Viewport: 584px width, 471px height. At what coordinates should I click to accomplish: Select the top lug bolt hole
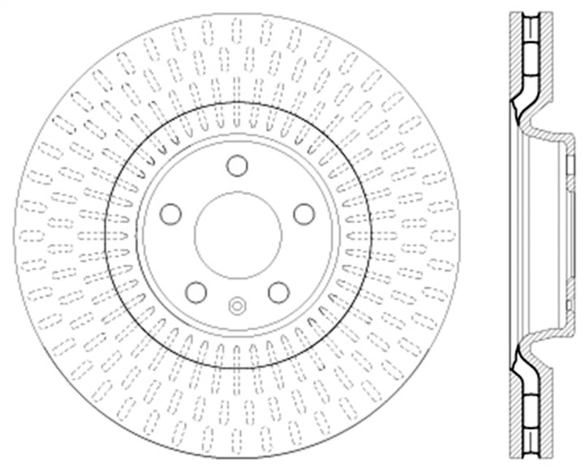(x=237, y=165)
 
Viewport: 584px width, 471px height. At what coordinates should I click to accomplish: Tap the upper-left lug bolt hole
(x=170, y=213)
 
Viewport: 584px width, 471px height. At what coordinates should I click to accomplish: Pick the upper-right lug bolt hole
(x=303, y=213)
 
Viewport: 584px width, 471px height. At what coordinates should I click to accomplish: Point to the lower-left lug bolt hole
(x=195, y=291)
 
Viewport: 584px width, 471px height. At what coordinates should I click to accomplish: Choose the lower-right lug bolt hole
(x=278, y=291)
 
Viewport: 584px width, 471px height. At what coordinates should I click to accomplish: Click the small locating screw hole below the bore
(x=237, y=306)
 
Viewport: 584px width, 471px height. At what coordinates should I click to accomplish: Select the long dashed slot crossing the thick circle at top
(x=237, y=113)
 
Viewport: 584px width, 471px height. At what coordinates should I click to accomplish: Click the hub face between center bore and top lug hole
(x=237, y=184)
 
